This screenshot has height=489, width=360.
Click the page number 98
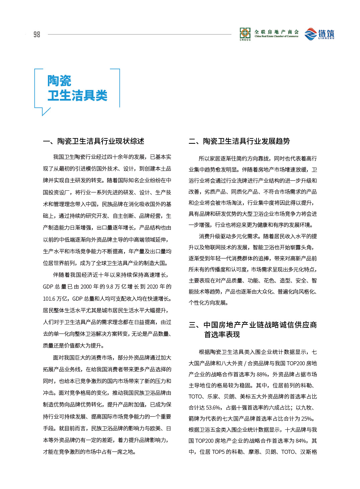coord(37,35)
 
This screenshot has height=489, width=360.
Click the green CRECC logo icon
coord(245,33)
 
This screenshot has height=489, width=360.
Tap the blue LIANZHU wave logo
coord(310,34)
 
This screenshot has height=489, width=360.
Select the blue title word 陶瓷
coord(59,81)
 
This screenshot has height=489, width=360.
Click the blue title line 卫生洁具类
coord(77,96)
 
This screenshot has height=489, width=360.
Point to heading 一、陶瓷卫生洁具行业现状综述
coord(93,141)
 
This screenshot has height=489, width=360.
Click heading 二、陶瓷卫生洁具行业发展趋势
coord(239,141)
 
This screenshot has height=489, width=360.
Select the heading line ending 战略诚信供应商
coord(253,325)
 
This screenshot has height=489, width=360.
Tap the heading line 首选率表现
coord(222,334)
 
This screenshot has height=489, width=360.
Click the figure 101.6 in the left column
coord(49,298)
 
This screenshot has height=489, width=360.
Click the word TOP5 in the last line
coord(218,452)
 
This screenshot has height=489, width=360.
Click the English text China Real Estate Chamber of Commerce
coord(276,36)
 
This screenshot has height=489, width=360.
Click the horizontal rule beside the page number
coord(139,34)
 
